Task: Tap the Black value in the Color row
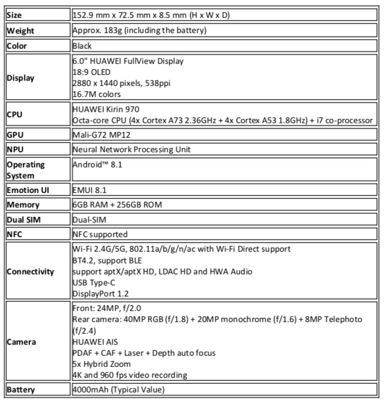tap(82, 45)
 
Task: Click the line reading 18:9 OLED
tap(93, 72)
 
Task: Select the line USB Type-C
tap(94, 282)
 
